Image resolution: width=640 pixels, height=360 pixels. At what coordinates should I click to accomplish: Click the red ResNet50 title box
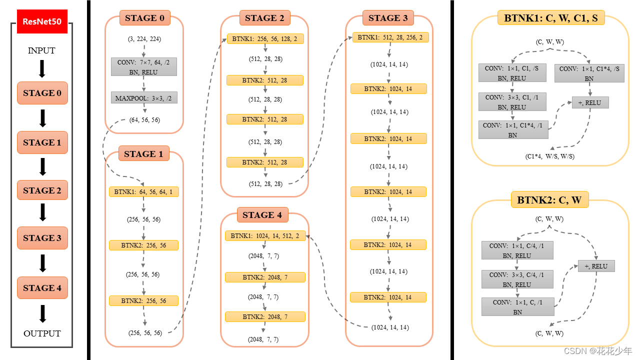coord(42,21)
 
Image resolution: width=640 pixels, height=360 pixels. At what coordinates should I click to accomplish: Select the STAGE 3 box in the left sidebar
coord(42,238)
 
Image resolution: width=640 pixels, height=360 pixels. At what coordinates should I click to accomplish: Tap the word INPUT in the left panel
coord(41,50)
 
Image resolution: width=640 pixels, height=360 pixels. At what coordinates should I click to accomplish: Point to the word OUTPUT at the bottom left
coord(42,333)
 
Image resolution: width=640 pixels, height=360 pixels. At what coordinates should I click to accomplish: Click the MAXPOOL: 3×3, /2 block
coord(144,98)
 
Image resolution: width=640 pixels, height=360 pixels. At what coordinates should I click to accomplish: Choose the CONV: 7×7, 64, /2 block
coord(144,66)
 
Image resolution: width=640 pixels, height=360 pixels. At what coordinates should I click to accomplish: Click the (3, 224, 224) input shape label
coord(144,38)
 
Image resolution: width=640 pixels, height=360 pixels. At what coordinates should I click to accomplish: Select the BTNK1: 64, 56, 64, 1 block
coord(144,191)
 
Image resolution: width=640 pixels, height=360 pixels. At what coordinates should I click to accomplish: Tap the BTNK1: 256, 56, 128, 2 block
coord(265,38)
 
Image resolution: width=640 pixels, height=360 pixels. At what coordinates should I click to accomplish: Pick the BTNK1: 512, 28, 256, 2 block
coord(390,37)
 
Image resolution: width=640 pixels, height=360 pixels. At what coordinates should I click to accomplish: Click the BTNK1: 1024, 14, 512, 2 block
coord(265,236)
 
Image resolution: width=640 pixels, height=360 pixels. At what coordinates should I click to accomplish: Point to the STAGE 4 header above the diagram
coord(262,215)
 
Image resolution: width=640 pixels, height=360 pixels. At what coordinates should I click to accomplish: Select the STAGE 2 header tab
coord(264,18)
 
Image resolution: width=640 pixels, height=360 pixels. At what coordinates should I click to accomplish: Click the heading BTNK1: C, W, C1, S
coord(550,18)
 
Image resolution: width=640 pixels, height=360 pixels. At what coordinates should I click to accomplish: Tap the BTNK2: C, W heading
coord(549,200)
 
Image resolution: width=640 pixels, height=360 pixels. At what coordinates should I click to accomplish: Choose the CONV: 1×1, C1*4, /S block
coord(589,73)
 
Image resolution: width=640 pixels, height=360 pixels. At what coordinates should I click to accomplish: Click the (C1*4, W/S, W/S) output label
coord(549,156)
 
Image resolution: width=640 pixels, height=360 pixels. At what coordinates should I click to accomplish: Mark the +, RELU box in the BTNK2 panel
coord(596,266)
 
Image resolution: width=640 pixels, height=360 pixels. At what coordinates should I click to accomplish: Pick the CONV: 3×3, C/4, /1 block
coord(517,279)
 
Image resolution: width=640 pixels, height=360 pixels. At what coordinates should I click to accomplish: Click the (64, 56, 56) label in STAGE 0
coord(144,120)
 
